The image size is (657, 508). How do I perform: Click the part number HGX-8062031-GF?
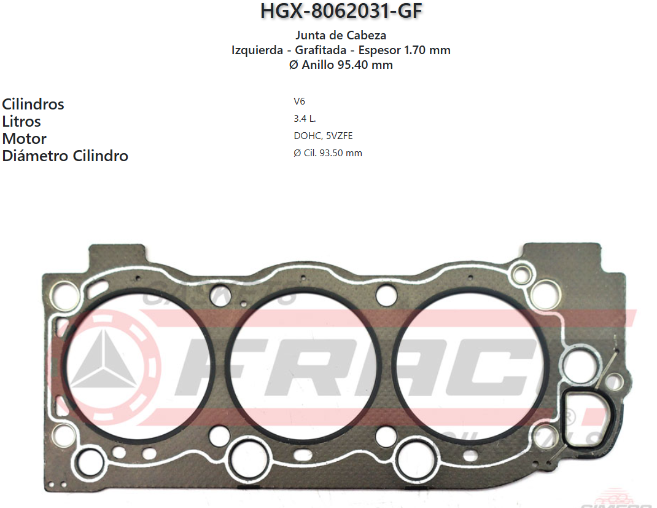pyautogui.click(x=341, y=11)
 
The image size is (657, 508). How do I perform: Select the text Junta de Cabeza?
pyautogui.click(x=341, y=35)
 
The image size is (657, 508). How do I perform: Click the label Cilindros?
pyautogui.click(x=33, y=104)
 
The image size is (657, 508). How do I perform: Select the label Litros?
pyautogui.click(x=21, y=121)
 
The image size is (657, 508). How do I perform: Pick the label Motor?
pyautogui.click(x=25, y=138)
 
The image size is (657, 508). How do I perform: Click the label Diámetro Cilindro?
pyautogui.click(x=65, y=156)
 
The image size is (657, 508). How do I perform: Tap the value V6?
pyautogui.click(x=299, y=101)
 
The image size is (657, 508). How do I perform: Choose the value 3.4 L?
pyautogui.click(x=305, y=119)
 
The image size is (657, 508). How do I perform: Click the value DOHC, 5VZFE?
pyautogui.click(x=323, y=136)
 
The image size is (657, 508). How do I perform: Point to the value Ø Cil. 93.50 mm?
pyautogui.click(x=328, y=153)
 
